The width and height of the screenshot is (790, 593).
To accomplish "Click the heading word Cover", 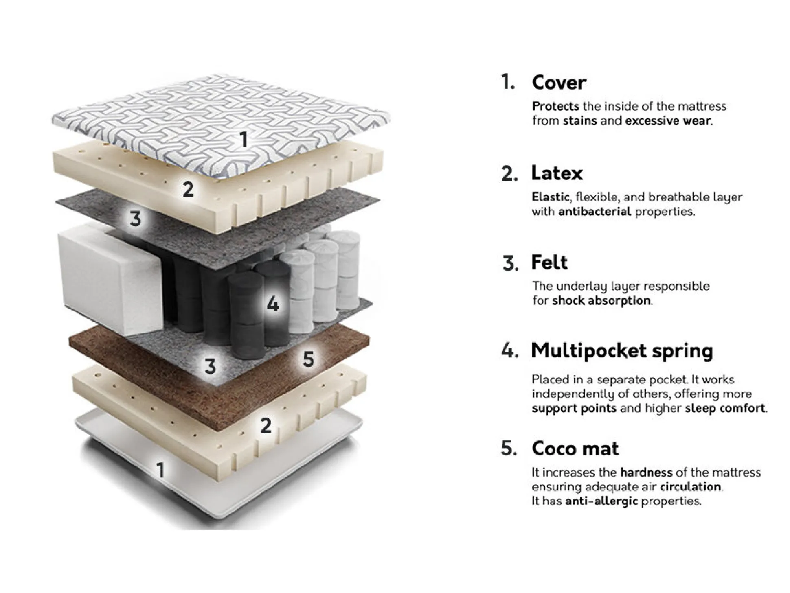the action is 559,83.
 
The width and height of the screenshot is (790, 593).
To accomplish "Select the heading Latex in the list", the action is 557,173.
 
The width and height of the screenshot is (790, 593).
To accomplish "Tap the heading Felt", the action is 549,262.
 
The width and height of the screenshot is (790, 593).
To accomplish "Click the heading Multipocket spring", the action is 622,351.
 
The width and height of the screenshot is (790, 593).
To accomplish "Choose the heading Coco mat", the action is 575,449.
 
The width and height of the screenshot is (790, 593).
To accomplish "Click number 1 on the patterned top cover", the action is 244,140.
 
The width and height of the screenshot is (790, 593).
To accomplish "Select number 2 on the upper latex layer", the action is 188,189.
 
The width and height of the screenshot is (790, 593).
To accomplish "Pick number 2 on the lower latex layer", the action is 266,425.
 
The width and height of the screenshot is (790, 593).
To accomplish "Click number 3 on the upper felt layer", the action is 136,219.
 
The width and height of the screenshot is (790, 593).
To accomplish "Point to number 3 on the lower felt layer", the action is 210,366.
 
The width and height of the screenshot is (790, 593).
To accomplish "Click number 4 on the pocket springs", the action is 273,304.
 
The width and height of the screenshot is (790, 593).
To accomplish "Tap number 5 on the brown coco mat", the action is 308,359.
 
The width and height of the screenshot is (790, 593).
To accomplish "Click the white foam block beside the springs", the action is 110,277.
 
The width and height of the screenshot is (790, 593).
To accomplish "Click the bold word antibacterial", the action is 595,212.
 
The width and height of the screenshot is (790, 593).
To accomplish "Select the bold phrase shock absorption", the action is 601,301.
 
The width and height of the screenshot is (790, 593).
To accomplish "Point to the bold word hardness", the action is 646,473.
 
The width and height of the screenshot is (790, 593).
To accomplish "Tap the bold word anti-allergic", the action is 601,501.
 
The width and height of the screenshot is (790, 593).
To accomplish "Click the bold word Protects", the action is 555,107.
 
